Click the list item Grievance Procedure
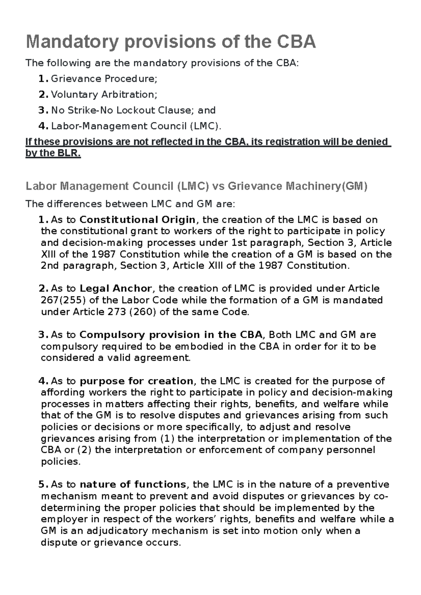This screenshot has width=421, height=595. pyautogui.click(x=103, y=78)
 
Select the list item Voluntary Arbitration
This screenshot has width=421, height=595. pyautogui.click(x=103, y=94)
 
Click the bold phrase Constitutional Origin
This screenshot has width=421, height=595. pyautogui.click(x=137, y=220)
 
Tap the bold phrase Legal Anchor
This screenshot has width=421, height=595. pyautogui.click(x=116, y=288)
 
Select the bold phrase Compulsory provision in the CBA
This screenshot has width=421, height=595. pyautogui.click(x=171, y=335)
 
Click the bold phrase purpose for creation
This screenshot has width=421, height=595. pyautogui.click(x=136, y=381)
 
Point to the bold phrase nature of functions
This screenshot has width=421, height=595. pyautogui.click(x=133, y=484)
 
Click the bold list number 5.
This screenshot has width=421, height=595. pyautogui.click(x=42, y=484)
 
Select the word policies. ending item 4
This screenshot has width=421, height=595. pyautogui.click(x=60, y=461)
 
